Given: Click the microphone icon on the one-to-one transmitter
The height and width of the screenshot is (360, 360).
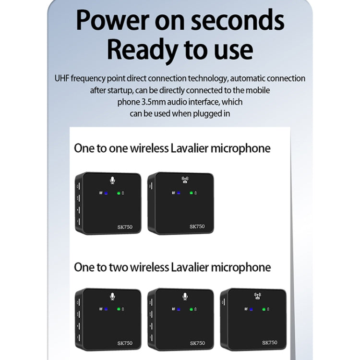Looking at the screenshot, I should coord(112,180).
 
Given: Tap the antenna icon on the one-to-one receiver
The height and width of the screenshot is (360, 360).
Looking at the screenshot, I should coord(185,180).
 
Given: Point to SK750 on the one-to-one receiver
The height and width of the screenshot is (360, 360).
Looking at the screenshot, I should coord(197,227).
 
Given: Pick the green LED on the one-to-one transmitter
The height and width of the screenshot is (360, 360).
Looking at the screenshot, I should coord(118,193).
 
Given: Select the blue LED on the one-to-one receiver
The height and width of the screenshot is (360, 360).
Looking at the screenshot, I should coord(178,193).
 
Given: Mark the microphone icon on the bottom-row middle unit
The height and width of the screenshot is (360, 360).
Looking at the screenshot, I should coord(185,296).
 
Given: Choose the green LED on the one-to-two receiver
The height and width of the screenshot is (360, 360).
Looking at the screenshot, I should coord(263,309).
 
